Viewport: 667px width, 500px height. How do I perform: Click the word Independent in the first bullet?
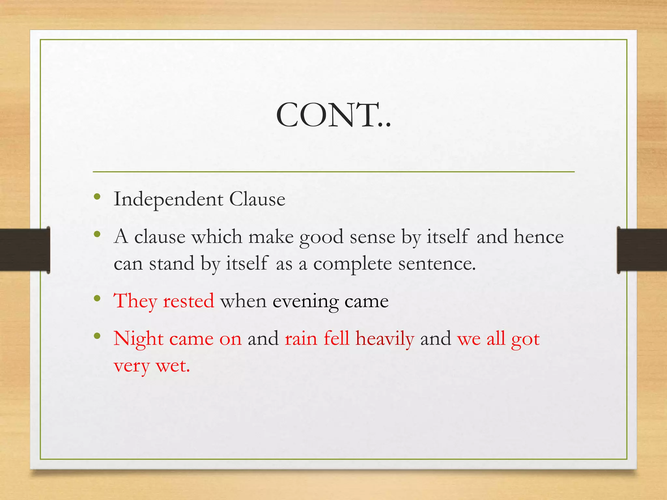(168, 199)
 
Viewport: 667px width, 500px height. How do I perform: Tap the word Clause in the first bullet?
(257, 199)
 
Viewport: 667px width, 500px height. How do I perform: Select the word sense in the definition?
(372, 237)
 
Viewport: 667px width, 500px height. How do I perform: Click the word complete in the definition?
(352, 264)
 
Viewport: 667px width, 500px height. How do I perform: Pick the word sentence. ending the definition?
(437, 264)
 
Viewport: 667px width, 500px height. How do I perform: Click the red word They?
(135, 301)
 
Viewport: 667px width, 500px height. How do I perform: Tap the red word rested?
(189, 301)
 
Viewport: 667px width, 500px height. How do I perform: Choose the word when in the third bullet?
(243, 301)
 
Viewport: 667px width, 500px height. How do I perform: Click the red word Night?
(138, 339)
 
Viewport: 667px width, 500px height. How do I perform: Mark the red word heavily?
(385, 339)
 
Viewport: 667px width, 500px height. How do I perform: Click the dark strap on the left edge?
(24, 250)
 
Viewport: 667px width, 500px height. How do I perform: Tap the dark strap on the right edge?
(642, 250)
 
